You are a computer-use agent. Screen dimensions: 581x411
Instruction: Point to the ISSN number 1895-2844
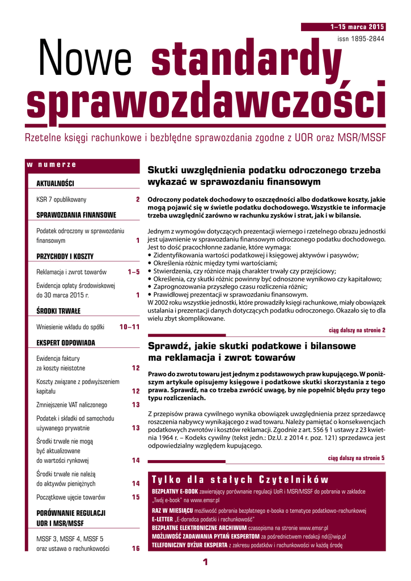click(x=361, y=39)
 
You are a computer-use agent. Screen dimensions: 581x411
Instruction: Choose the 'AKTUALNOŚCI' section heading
click(x=55, y=183)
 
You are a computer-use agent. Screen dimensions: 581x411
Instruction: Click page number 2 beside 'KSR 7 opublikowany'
click(x=137, y=200)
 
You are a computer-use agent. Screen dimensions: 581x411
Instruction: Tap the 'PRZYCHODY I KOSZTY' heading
click(x=65, y=256)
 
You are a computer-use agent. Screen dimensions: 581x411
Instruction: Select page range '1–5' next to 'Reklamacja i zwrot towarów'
click(x=134, y=272)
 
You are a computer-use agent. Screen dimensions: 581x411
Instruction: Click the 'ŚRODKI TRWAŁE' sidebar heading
click(x=58, y=310)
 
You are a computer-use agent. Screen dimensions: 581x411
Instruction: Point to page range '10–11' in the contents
click(x=129, y=327)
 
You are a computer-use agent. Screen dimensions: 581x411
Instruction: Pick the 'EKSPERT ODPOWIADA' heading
click(x=66, y=343)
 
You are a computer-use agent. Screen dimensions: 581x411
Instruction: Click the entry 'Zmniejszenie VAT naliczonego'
click(x=71, y=405)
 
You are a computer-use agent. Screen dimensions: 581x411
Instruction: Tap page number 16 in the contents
click(x=135, y=549)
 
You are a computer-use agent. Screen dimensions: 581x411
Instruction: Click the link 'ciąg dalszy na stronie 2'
click(x=357, y=330)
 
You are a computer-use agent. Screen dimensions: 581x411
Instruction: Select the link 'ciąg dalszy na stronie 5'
click(x=357, y=458)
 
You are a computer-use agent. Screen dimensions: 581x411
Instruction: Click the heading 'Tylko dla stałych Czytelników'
click(x=240, y=479)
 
